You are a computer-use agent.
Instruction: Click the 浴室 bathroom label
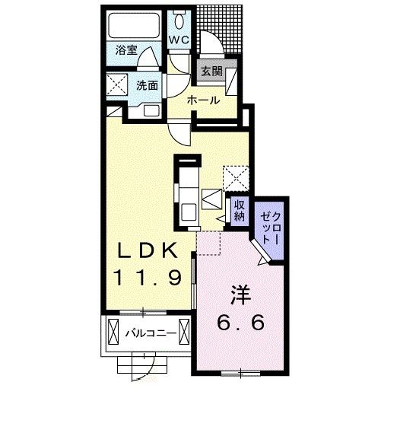coord(126,50)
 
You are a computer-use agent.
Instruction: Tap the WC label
coord(179,40)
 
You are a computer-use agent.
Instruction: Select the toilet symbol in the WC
coord(179,19)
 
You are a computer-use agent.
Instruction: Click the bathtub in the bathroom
coord(134,25)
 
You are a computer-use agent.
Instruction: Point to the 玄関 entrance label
coord(211,71)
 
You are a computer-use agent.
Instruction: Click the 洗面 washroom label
coord(147,85)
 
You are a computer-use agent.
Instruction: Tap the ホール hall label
coord(204,100)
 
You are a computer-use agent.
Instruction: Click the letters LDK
coord(148,250)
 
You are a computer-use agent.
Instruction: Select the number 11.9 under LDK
coord(148,278)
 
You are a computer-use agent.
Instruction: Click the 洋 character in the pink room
coord(241,295)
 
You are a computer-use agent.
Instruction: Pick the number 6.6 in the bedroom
coord(241,322)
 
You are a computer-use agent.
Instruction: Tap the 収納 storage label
coord(240,211)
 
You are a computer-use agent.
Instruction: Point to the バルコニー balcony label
coord(151,333)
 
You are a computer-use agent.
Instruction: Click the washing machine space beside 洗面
coord(117,84)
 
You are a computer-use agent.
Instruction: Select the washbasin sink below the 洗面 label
coord(151,111)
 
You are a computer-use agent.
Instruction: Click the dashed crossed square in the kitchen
coord(236,178)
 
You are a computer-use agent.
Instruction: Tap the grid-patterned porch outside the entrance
coord(220,30)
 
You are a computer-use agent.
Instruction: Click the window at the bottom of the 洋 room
coord(241,374)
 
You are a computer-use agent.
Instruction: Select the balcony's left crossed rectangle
coord(113,332)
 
